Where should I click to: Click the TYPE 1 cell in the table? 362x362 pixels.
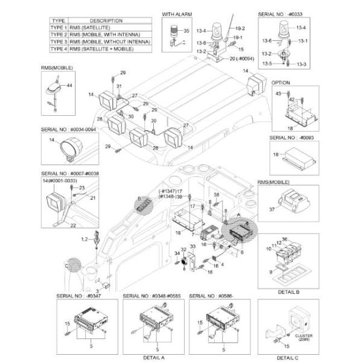point(58,28)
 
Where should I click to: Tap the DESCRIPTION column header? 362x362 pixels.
point(105,21)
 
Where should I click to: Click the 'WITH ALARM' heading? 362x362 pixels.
point(176,13)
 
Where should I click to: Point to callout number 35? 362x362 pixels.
point(186,30)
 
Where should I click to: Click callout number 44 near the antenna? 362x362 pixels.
point(69,86)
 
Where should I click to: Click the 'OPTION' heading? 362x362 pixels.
point(281,83)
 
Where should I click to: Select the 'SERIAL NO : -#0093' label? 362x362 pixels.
point(289,138)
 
